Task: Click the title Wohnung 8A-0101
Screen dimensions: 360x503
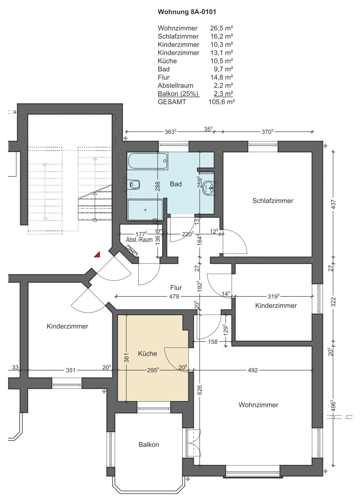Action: pos(187,12)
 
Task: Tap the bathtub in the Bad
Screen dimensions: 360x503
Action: pos(148,161)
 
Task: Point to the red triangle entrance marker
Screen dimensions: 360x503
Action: pos(97,255)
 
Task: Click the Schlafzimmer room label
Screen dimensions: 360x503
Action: pos(273,201)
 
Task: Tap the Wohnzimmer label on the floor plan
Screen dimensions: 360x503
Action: pos(258,405)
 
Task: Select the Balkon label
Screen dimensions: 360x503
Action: pos(149,445)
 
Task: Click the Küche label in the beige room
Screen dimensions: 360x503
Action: pos(147,354)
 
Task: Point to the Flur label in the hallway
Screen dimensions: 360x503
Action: pos(176,288)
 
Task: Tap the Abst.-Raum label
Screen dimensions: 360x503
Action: pos(139,240)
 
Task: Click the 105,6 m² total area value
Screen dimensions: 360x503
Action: pos(222,102)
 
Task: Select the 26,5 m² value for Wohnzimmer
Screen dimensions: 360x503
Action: pos(221,28)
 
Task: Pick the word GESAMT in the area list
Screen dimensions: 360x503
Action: pos(172,102)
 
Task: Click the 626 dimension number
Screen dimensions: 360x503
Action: pos(199,390)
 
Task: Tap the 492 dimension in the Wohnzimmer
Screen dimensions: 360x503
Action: pos(253,370)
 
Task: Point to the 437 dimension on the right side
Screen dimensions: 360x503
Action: pos(333,204)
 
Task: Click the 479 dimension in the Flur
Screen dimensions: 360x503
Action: pos(174,297)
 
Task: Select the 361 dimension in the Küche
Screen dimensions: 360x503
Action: pos(126,358)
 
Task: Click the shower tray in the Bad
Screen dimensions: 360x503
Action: pos(145,210)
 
